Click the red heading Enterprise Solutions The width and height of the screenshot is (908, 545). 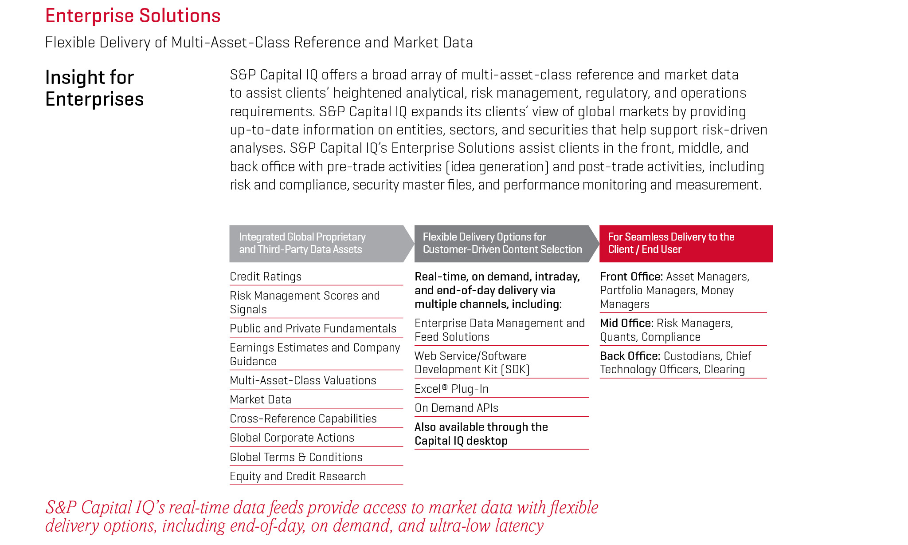(133, 16)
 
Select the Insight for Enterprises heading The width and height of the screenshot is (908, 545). (94, 88)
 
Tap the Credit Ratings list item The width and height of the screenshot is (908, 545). (266, 276)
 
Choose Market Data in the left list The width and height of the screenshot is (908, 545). (260, 399)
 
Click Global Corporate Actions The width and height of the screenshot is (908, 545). (292, 438)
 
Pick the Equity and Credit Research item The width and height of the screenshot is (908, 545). (297, 476)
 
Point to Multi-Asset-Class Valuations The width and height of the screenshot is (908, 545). (303, 380)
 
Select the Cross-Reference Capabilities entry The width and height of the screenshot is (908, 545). (303, 419)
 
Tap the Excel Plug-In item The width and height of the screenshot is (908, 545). (451, 389)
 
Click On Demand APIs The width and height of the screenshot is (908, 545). (456, 408)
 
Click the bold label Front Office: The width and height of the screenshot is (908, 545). (631, 276)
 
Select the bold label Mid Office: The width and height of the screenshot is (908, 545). (626, 323)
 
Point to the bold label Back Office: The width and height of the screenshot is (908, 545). (630, 356)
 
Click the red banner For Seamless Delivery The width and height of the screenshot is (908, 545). (685, 243)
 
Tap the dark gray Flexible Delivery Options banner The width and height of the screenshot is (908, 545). (502, 243)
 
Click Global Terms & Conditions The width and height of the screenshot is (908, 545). (296, 457)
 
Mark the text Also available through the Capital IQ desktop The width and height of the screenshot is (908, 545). (481, 434)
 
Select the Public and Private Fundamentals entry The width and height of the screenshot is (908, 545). (313, 328)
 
